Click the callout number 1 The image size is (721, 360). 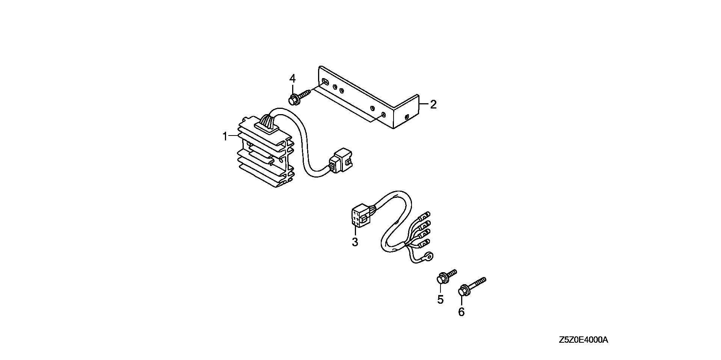point(225,136)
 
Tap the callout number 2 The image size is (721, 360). point(433,105)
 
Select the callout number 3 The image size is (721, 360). point(355,242)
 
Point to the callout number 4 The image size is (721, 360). point(292,79)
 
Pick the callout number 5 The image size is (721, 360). point(440,299)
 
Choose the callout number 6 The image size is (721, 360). point(461,312)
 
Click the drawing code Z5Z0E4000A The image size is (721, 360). point(583,340)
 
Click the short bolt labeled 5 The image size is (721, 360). point(446,277)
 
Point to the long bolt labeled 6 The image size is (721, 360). point(472,286)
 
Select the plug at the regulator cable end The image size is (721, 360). point(341,162)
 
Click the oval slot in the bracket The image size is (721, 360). point(326,82)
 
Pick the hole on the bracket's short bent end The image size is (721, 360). point(407,117)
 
